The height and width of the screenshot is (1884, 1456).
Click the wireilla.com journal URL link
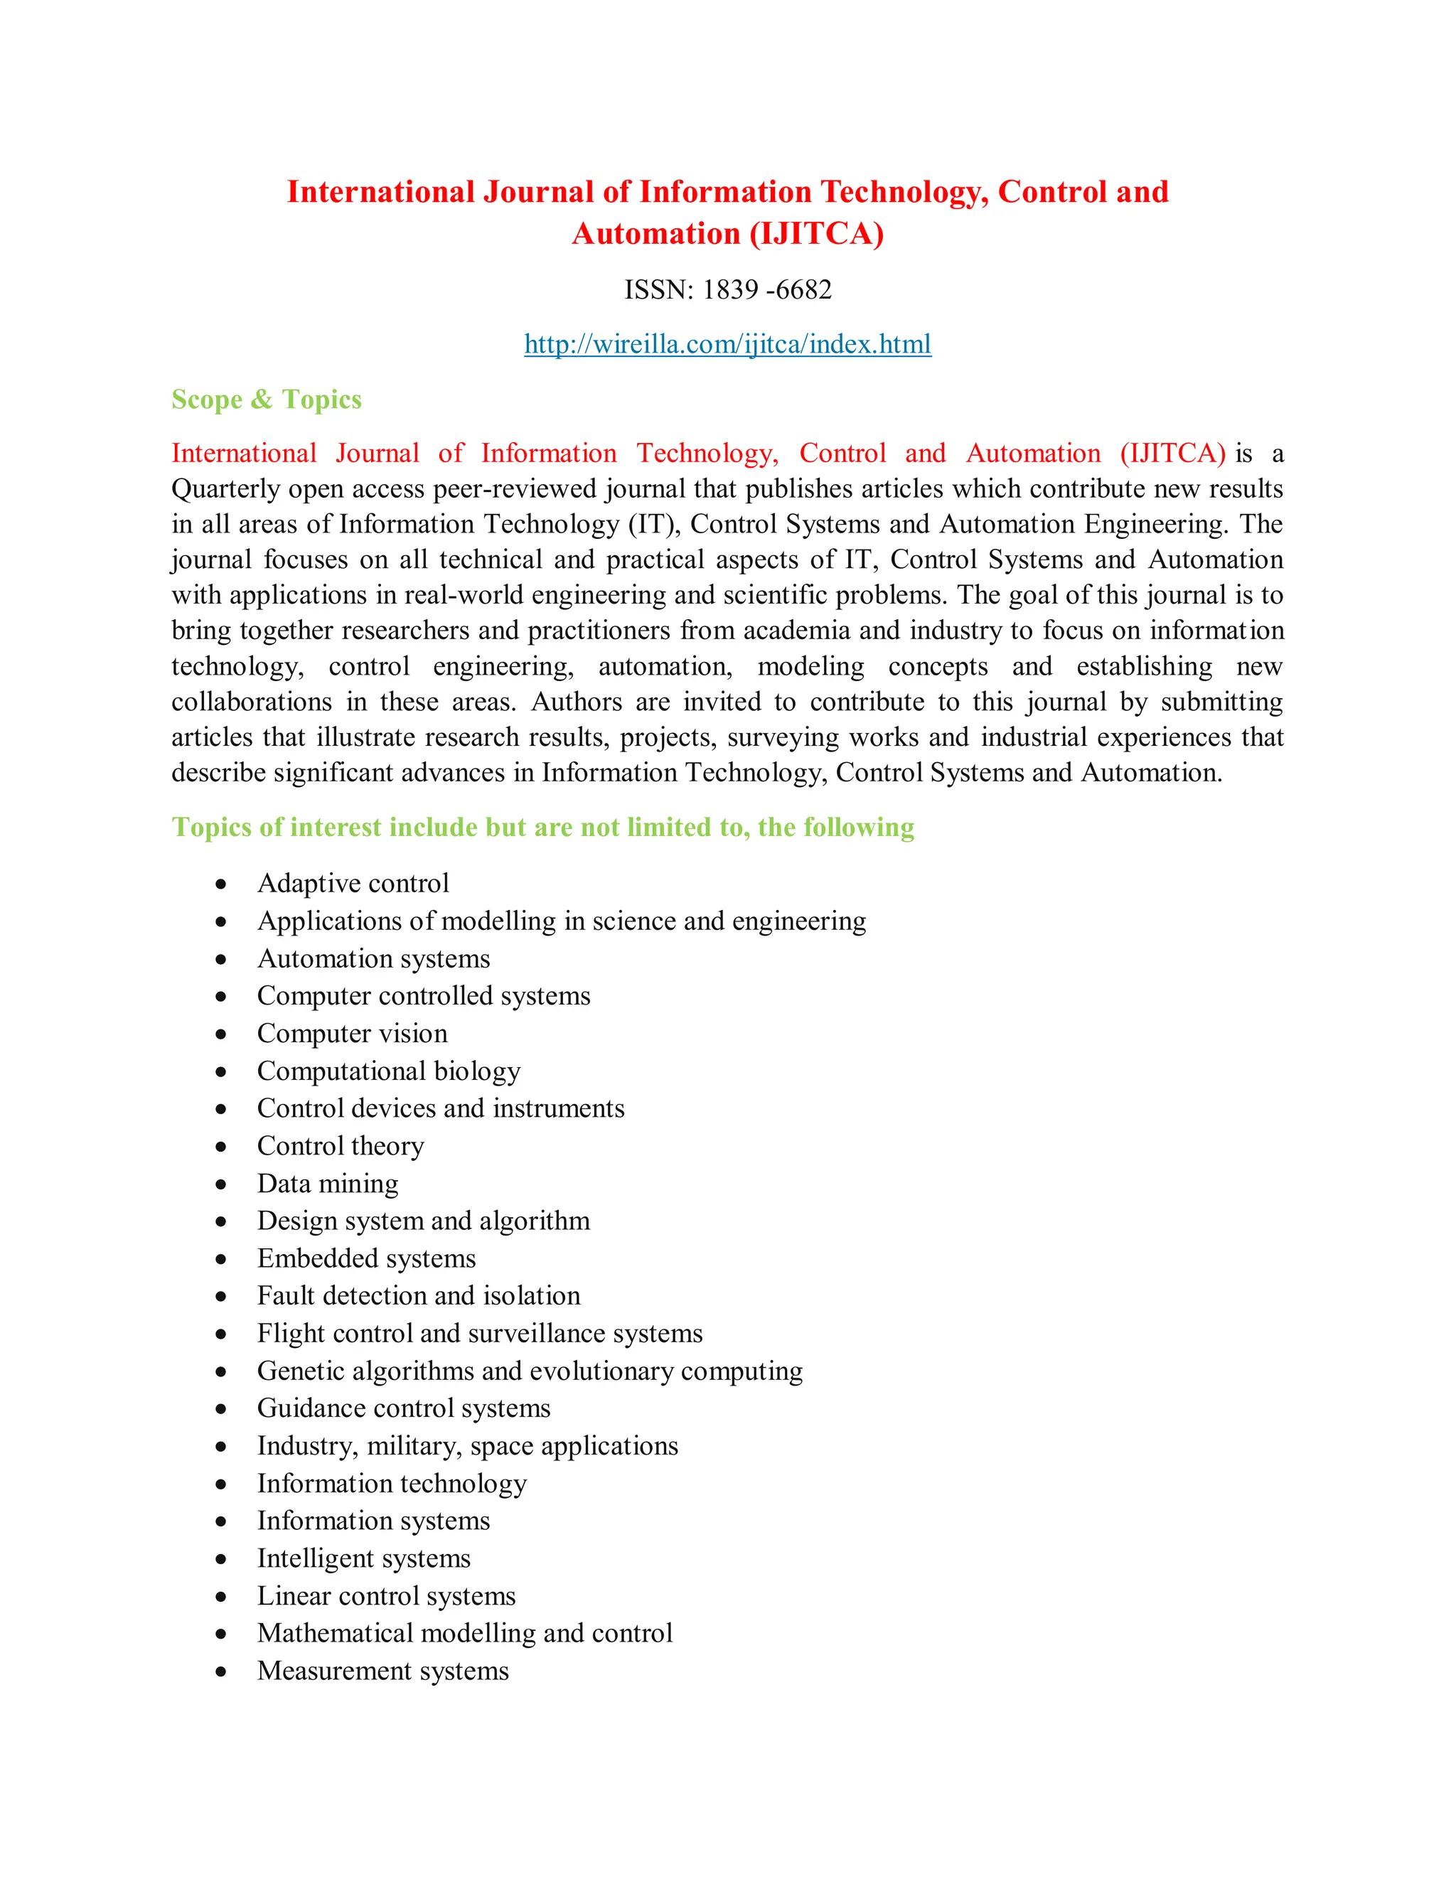(727, 344)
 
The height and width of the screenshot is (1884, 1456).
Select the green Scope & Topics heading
(267, 400)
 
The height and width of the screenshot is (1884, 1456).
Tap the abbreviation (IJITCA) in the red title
(817, 234)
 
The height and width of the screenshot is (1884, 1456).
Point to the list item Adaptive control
(353, 883)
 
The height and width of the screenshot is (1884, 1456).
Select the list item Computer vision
(352, 1034)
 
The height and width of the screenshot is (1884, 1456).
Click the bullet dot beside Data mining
(222, 1184)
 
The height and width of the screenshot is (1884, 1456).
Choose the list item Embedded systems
(365, 1258)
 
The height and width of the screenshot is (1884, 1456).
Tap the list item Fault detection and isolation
(418, 1295)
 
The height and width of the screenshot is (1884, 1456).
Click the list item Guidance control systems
(404, 1408)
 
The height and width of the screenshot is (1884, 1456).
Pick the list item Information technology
(392, 1484)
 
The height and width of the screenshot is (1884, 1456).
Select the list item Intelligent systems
(363, 1559)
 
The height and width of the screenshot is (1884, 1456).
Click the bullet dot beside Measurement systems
(222, 1672)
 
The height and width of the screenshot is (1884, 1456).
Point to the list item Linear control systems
(385, 1596)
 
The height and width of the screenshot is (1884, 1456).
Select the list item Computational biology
(388, 1071)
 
